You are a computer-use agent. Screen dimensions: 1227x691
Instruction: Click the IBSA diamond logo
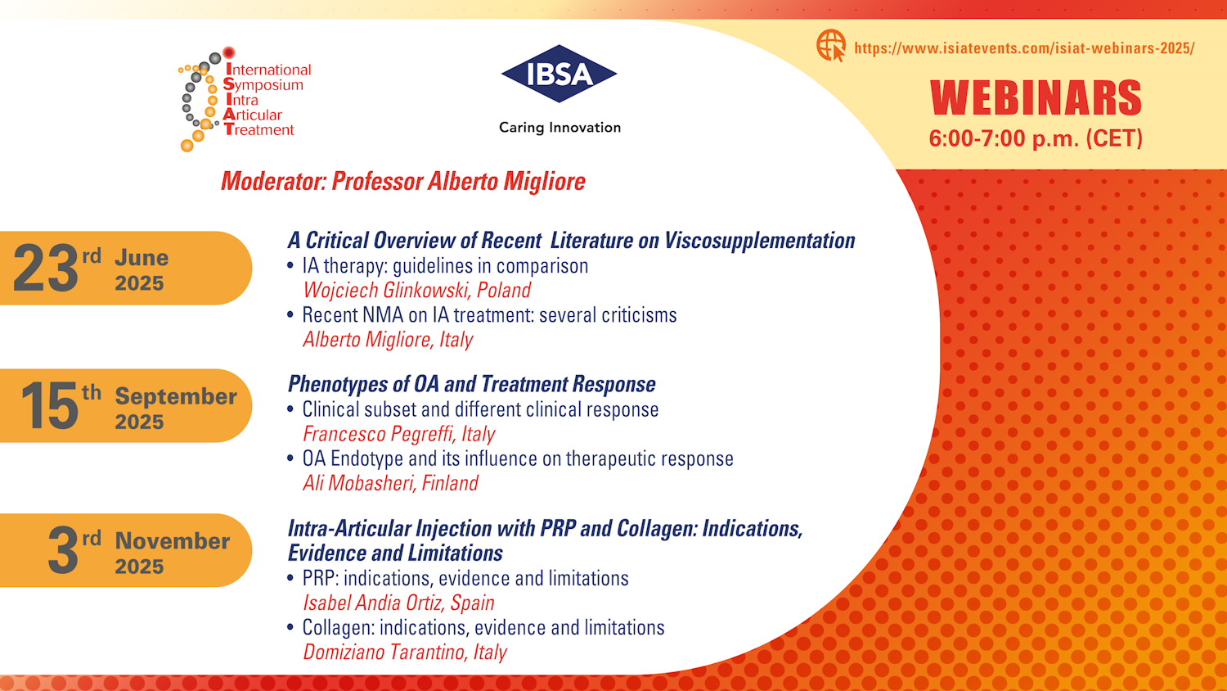click(x=560, y=74)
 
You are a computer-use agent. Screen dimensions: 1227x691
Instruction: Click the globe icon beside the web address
click(x=831, y=46)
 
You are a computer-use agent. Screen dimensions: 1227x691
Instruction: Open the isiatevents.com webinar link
click(x=1024, y=48)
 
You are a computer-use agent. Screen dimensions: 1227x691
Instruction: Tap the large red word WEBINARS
click(x=1036, y=98)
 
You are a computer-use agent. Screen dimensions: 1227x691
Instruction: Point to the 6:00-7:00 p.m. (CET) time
click(x=1036, y=138)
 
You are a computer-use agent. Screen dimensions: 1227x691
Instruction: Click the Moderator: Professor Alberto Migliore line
click(x=403, y=182)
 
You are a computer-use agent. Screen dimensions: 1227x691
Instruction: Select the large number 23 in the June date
click(x=46, y=269)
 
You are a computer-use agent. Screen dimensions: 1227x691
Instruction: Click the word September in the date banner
click(x=176, y=396)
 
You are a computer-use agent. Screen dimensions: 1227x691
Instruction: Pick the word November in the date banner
click(x=172, y=540)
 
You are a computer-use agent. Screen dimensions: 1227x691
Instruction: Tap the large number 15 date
click(x=49, y=406)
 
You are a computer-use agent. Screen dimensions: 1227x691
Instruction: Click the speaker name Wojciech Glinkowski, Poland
click(x=417, y=290)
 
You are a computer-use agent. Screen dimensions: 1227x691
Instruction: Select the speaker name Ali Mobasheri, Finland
click(x=390, y=483)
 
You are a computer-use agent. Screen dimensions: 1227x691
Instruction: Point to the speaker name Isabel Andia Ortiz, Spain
click(x=399, y=603)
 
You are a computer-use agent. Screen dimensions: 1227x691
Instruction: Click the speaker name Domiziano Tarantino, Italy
click(x=405, y=652)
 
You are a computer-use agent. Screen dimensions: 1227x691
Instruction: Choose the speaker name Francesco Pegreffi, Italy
click(x=399, y=434)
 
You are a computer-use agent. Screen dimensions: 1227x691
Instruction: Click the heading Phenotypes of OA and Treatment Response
click(x=472, y=384)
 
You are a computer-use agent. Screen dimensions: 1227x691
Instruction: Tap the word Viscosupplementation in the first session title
click(x=760, y=241)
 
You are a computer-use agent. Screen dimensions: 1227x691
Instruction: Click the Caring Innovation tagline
click(x=560, y=128)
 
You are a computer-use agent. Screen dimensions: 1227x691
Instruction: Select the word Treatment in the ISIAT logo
click(x=259, y=130)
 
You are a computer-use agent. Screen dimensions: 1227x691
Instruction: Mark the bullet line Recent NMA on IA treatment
click(x=490, y=314)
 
